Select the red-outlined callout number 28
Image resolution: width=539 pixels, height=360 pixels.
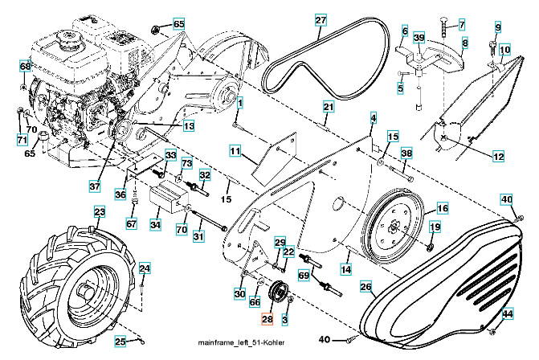coord(267,319)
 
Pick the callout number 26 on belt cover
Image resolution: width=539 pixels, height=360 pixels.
coord(365,285)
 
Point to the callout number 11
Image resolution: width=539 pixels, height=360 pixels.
coord(235,150)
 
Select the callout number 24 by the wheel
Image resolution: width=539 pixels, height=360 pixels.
coord(145,268)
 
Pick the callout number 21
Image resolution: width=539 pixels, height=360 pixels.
coord(328,107)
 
